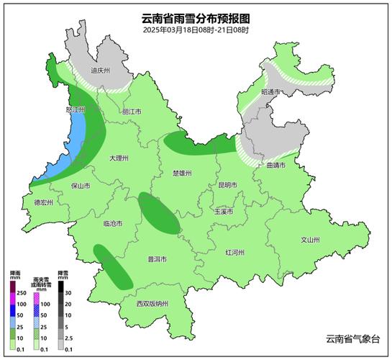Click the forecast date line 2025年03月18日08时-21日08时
click(196, 30)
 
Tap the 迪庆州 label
click(99, 71)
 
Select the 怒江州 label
click(76, 110)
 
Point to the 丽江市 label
click(132, 112)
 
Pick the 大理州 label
click(119, 157)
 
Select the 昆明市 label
click(227, 185)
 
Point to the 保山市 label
click(81, 185)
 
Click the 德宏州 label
click(44, 203)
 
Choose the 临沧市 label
click(113, 224)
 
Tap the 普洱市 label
click(158, 259)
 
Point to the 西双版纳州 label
click(152, 304)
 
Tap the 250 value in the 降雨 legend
click(22, 292)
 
